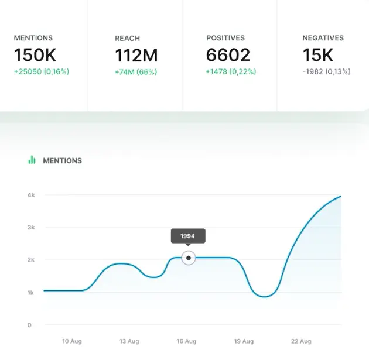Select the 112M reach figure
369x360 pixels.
click(136, 56)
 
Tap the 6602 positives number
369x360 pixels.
click(228, 56)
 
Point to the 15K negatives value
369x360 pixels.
click(317, 56)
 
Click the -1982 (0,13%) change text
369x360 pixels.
click(326, 72)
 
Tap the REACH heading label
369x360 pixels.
click(127, 39)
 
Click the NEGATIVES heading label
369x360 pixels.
click(323, 38)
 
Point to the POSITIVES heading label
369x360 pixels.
click(225, 38)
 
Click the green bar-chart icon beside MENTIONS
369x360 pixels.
click(32, 160)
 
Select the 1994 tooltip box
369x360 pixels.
click(187, 236)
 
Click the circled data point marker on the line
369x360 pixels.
click(188, 258)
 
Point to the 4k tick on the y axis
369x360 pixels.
click(31, 195)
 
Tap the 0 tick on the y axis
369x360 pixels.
click(29, 325)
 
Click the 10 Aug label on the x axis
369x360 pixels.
click(71, 341)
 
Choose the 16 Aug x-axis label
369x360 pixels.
click(186, 341)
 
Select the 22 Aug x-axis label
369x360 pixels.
click(301, 341)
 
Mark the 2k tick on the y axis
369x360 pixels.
click(31, 260)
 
